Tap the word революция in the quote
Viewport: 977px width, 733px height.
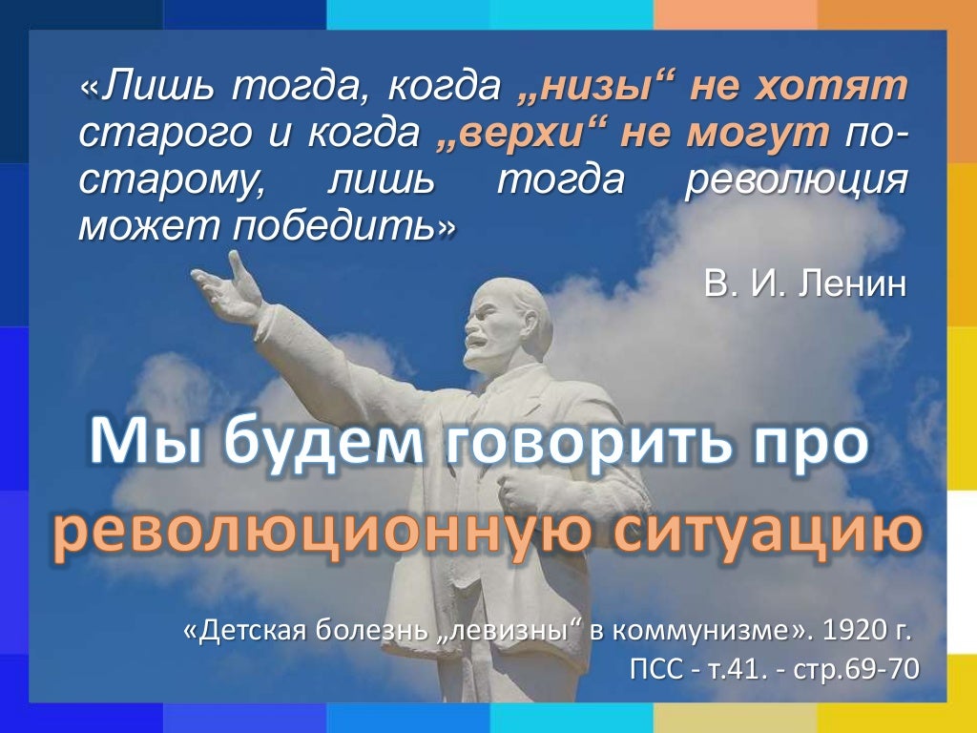[x=796, y=180]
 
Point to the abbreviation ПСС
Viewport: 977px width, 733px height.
[x=657, y=669]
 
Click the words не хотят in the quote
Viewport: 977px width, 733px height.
[x=797, y=88]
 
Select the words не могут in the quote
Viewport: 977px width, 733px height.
[x=725, y=135]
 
